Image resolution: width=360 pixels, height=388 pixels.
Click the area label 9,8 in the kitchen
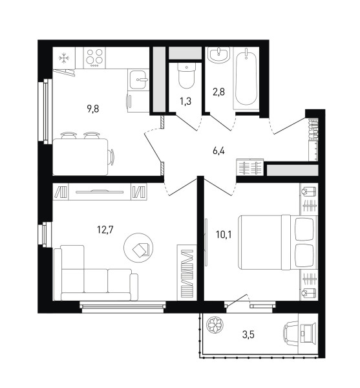click(93, 109)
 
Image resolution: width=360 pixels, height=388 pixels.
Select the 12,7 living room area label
click(105, 230)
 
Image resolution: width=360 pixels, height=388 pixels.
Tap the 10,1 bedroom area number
click(224, 234)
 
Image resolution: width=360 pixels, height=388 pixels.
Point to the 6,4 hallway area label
click(218, 151)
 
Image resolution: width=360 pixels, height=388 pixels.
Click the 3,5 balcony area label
click(248, 335)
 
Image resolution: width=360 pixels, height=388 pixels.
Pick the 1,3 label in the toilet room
click(185, 102)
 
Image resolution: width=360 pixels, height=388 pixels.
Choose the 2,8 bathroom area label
click(219, 92)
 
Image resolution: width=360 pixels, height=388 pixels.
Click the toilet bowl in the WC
click(186, 75)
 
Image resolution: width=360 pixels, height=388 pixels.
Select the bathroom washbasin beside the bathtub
click(219, 55)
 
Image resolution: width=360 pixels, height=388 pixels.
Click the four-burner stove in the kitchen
click(94, 58)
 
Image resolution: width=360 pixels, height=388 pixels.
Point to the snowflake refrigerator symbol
click(64, 58)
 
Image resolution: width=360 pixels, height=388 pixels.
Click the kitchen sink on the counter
click(138, 80)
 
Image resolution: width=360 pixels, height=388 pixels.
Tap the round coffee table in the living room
click(138, 248)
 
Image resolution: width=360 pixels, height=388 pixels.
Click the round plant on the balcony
click(215, 325)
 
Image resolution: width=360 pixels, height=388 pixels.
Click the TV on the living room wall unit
click(100, 191)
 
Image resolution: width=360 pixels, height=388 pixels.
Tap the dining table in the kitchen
click(80, 157)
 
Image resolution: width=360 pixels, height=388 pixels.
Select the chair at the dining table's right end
click(112, 157)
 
